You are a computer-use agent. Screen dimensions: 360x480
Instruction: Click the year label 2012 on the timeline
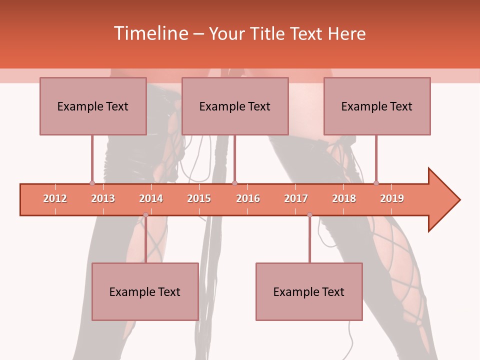tap(55, 198)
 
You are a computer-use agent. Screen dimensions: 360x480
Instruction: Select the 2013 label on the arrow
tap(103, 198)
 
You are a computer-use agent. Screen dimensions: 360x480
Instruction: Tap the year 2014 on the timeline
tap(151, 198)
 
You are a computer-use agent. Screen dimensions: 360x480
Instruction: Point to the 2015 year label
tap(199, 198)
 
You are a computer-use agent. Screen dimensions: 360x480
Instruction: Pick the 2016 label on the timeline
tap(248, 198)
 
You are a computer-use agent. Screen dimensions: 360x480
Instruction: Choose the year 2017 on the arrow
tap(296, 198)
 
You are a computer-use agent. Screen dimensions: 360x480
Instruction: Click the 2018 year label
tap(344, 198)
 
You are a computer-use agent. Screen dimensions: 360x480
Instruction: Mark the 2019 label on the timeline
tap(392, 198)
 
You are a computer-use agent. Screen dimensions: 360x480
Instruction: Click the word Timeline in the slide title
tap(149, 33)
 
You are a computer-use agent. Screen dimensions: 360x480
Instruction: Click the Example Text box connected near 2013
tap(93, 106)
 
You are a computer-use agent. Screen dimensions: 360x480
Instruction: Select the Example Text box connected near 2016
tap(235, 106)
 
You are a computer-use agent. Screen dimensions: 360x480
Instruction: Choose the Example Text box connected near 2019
tap(377, 106)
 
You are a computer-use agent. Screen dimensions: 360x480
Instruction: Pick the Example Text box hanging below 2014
tap(145, 291)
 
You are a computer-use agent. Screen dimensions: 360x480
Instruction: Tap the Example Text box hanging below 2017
tap(309, 291)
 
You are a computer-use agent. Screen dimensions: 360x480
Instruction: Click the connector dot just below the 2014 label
tap(145, 215)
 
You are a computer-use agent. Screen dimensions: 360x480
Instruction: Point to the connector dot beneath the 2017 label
tap(309, 215)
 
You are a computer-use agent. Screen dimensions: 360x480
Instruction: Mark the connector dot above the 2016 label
tap(235, 183)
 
